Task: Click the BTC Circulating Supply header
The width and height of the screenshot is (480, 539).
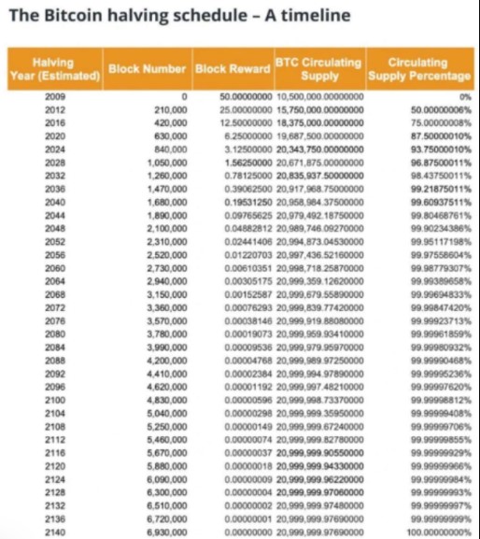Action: pyautogui.click(x=318, y=67)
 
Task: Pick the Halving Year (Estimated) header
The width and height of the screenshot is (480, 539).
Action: pyautogui.click(x=54, y=67)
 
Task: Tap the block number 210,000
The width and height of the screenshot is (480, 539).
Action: pyautogui.click(x=171, y=109)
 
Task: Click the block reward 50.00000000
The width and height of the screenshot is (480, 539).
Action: pyautogui.click(x=245, y=96)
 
